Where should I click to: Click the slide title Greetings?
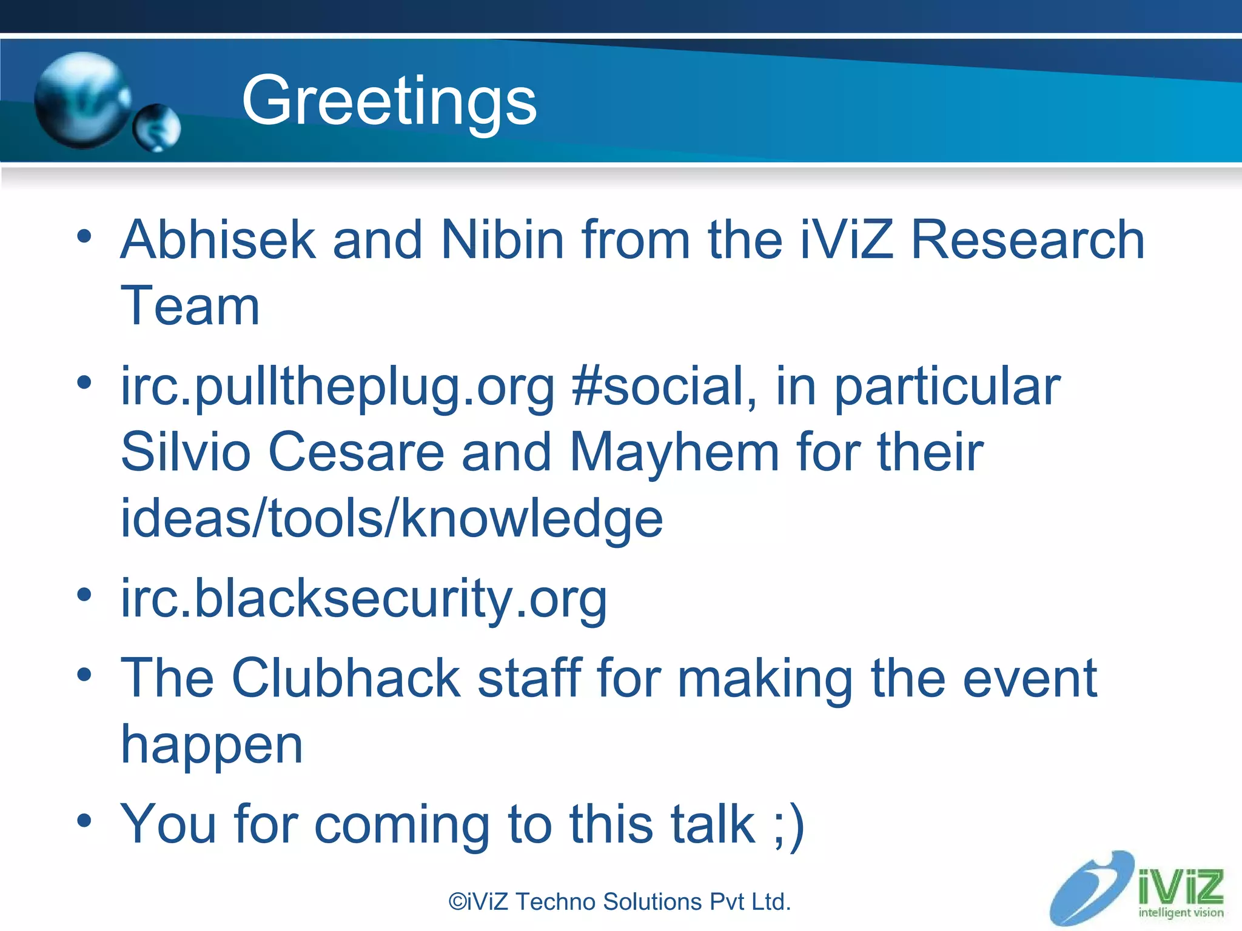[389, 101]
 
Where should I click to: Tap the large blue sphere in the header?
[81, 100]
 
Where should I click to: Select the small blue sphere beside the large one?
[157, 127]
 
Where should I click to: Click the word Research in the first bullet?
[1027, 240]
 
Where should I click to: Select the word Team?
[190, 306]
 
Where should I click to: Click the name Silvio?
[186, 452]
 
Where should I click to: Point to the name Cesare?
[357, 452]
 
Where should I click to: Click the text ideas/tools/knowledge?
[392, 519]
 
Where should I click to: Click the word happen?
[212, 746]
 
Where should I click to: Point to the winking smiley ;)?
[789, 824]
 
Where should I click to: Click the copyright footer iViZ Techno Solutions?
[619, 902]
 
